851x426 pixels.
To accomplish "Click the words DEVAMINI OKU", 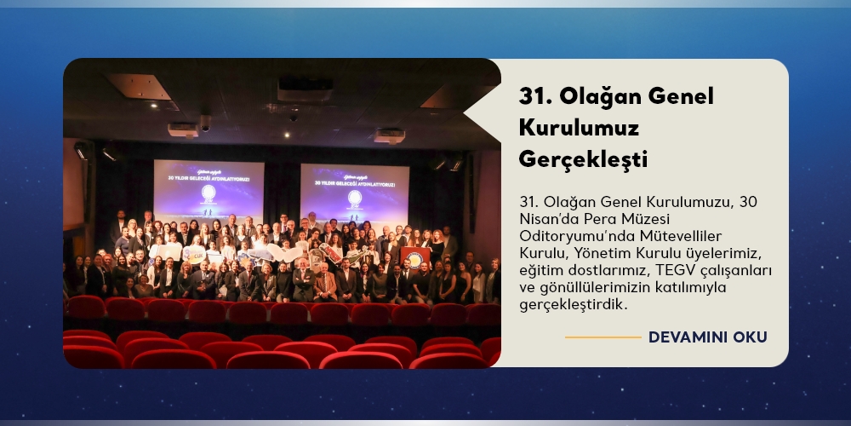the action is click(708, 337).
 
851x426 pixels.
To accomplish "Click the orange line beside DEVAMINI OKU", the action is click(603, 337).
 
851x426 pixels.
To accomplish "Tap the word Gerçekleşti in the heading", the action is click(584, 160).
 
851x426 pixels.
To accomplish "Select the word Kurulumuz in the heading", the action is click(579, 128).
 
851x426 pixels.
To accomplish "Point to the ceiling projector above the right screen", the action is click(390, 135).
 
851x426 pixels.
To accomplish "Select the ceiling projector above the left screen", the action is click(183, 130).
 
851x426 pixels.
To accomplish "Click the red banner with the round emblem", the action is click(415, 257).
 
